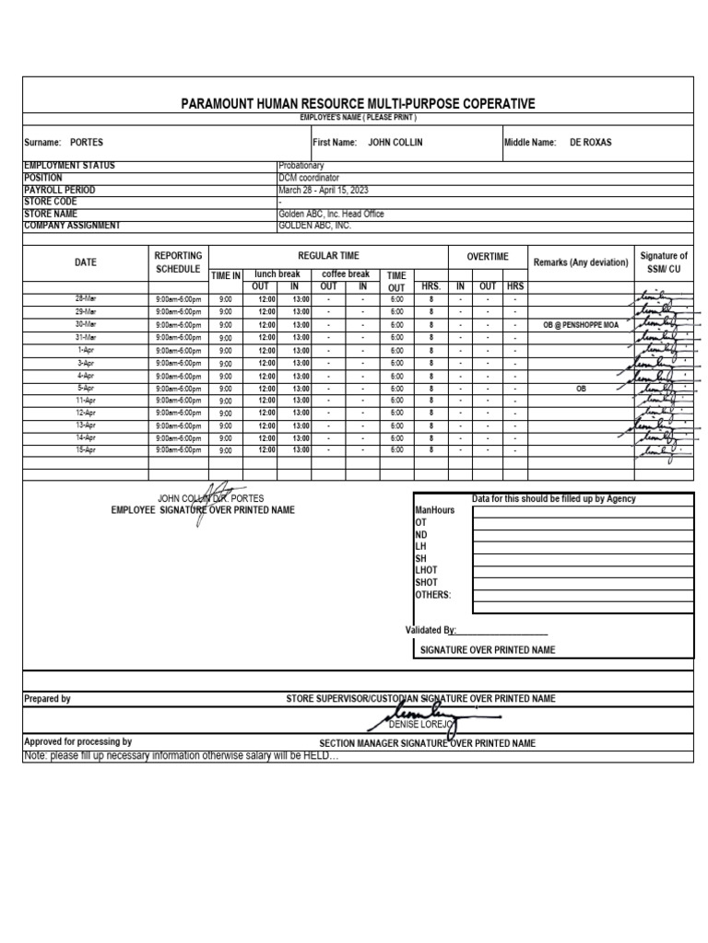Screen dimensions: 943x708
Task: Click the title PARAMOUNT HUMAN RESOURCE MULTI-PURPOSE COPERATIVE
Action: (358, 104)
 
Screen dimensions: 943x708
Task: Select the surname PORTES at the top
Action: (87, 143)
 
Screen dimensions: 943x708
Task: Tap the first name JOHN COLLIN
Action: (395, 143)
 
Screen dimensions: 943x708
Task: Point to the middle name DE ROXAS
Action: (591, 143)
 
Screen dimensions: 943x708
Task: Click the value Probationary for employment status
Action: (301, 166)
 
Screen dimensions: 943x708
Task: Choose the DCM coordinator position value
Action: (309, 178)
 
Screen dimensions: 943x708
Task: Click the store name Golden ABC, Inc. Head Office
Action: (331, 214)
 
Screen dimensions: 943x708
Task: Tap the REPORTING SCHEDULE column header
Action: (177, 262)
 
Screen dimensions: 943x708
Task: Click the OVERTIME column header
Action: (487, 256)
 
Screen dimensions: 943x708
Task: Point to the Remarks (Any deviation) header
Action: (581, 262)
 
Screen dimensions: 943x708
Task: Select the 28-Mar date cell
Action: (85, 299)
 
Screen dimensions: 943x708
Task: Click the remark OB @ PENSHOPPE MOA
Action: (581, 325)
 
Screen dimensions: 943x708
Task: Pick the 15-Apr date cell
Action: (85, 450)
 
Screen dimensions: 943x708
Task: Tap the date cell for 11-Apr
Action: (85, 401)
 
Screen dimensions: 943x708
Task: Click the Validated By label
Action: (431, 630)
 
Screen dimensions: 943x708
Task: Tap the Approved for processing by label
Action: (77, 741)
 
